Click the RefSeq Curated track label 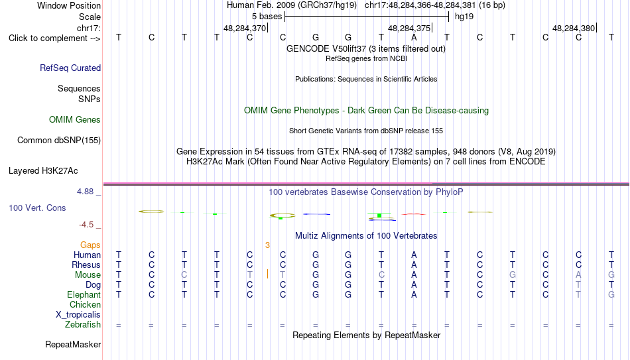[x=70, y=68]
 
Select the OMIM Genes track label [x=75, y=120]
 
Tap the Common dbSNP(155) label [x=59, y=141]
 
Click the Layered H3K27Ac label [x=43, y=171]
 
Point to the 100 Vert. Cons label [x=37, y=208]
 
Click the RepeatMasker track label [x=73, y=344]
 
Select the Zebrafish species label [x=83, y=325]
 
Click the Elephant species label [x=84, y=295]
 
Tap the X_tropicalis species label [x=78, y=315]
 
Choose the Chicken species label [x=85, y=304]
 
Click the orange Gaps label [x=90, y=245]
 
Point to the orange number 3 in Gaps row [x=267, y=245]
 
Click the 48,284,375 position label [x=409, y=28]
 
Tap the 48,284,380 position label [x=574, y=28]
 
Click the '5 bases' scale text [x=267, y=17]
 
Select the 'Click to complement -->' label [x=54, y=38]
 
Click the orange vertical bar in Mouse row [x=268, y=274]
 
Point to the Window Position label [x=69, y=5]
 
